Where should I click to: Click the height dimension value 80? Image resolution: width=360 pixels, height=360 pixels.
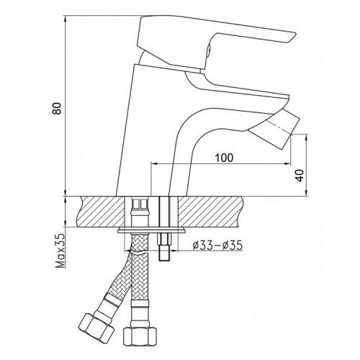(x=66, y=107)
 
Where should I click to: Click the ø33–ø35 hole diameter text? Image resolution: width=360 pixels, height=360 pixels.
(x=217, y=245)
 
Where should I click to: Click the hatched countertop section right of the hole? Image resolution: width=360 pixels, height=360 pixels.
(x=238, y=213)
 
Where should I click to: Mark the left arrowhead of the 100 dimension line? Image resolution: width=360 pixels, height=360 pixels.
(x=153, y=164)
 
